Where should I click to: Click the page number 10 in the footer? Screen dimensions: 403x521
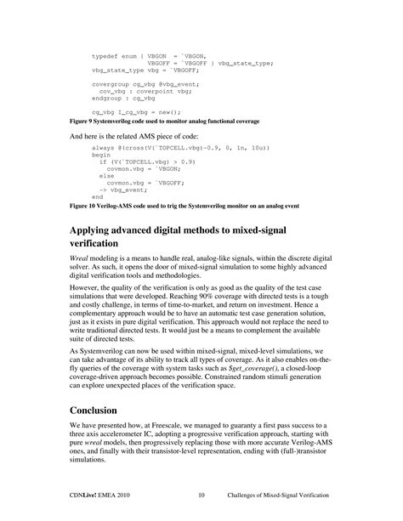201,494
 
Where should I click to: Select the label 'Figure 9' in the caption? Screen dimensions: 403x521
82,122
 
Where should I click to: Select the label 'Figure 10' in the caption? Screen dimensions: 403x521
84,206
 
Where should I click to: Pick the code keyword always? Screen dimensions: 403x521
102,147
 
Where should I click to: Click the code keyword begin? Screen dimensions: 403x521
100,155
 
